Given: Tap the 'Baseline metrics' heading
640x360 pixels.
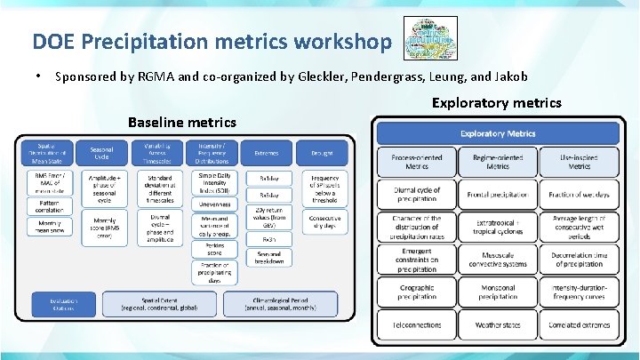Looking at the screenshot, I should pos(182,122).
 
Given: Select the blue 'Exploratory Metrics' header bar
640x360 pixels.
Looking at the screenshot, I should pos(498,133).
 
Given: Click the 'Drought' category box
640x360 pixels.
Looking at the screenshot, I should pos(322,153).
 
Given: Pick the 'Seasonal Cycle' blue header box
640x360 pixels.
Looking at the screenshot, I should pos(101,153).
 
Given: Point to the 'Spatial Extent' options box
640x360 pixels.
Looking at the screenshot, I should pos(160,303).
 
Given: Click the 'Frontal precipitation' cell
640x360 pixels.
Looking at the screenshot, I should pos(498,194).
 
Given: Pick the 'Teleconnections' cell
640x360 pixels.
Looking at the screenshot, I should pos(416,325).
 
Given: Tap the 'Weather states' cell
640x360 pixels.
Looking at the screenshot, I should pos(498,325).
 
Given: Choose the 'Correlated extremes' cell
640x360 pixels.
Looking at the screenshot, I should pos(580,325).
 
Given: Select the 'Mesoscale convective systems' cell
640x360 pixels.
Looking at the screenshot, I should pos(498,260).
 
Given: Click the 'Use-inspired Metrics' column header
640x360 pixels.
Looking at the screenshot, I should pos(580,162).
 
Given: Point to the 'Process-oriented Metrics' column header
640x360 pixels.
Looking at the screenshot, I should pos(416,162).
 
